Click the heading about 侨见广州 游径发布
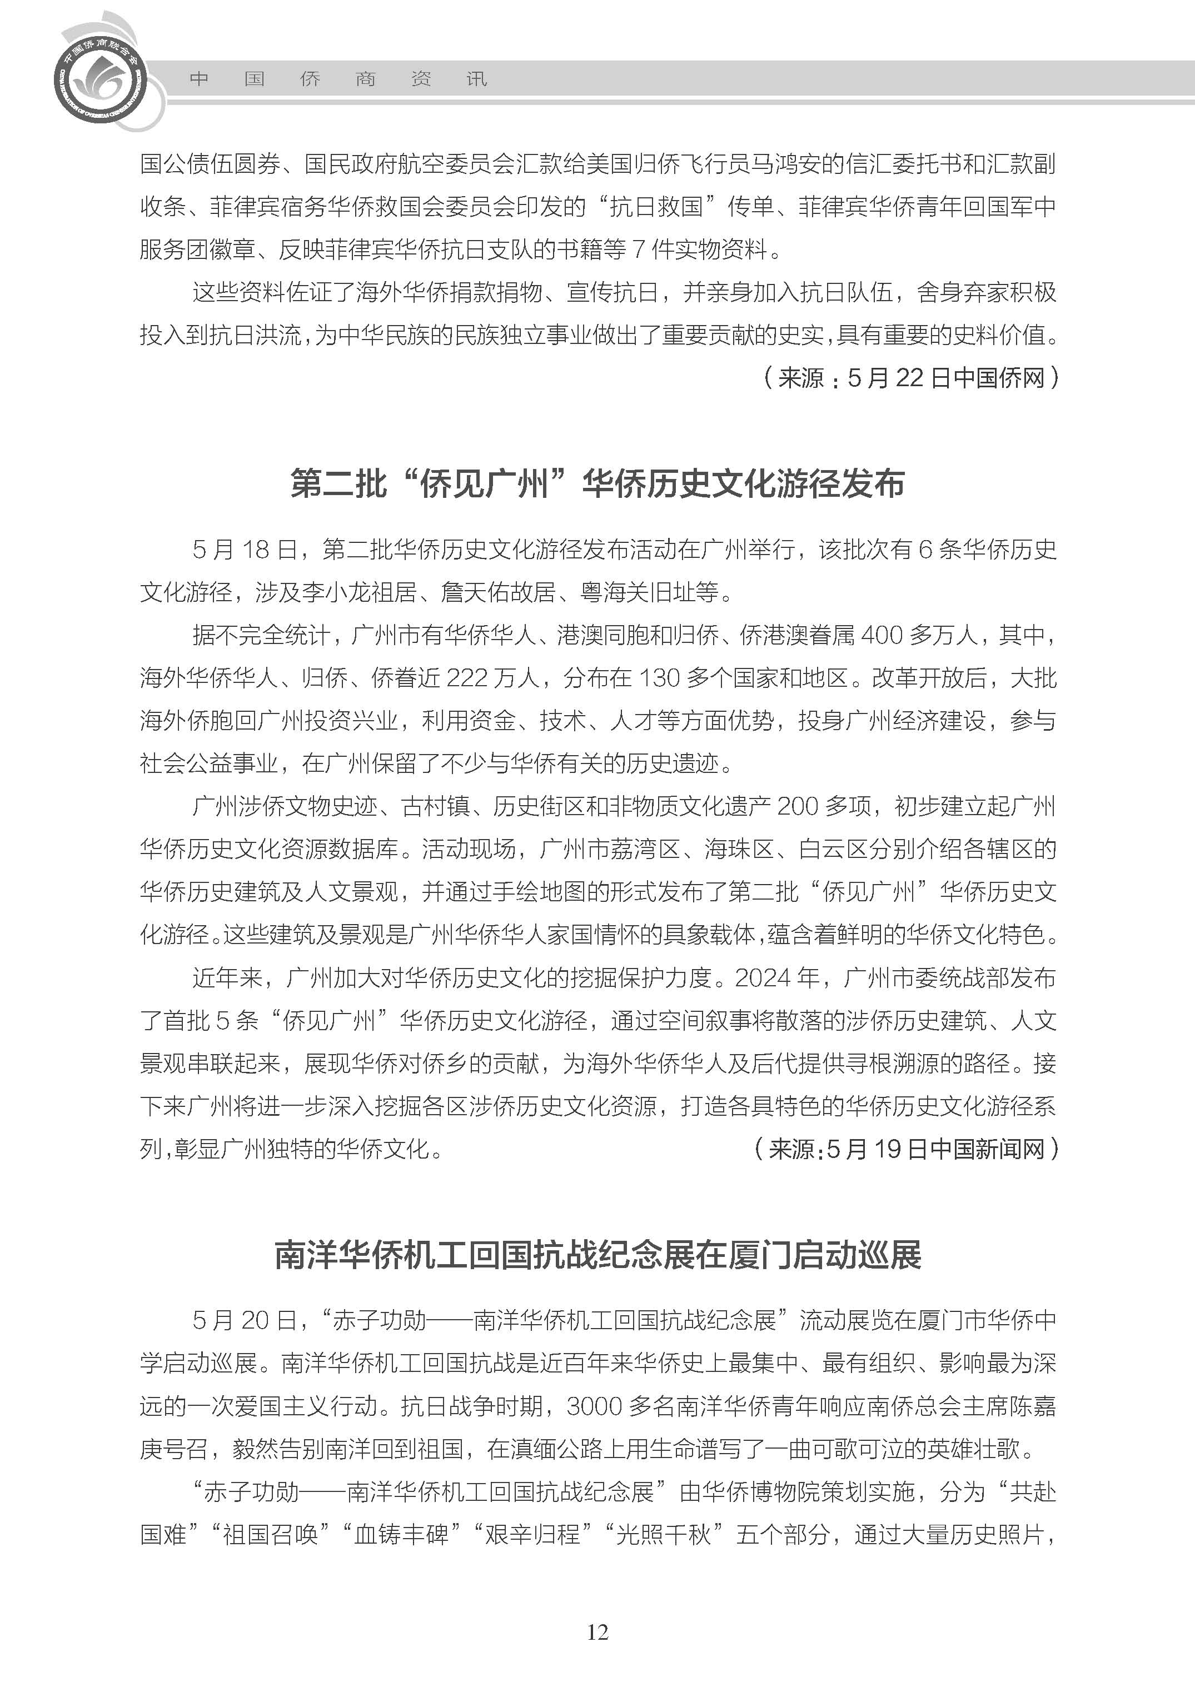pyautogui.click(x=597, y=484)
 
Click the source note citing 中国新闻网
pyautogui.click(x=906, y=1149)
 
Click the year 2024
pyautogui.click(x=766, y=978)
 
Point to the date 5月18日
pyautogui.click(x=245, y=550)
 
